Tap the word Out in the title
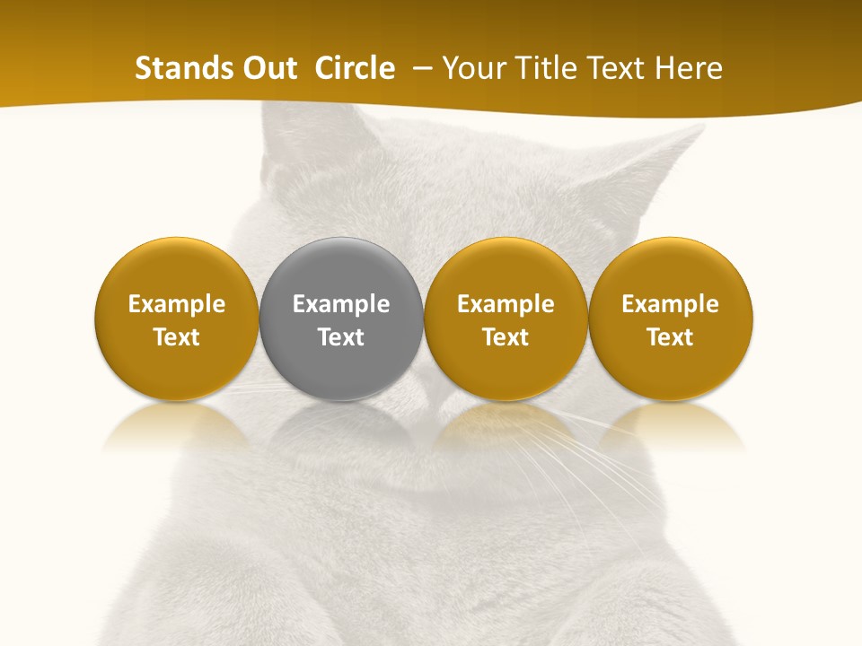270,68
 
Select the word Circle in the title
355,68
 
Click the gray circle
341,319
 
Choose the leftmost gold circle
176,319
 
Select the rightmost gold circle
670,319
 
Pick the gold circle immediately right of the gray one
506,319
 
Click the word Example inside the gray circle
341,304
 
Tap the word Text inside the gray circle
341,337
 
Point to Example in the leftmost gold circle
176,304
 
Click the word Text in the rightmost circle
670,337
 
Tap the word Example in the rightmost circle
670,304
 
